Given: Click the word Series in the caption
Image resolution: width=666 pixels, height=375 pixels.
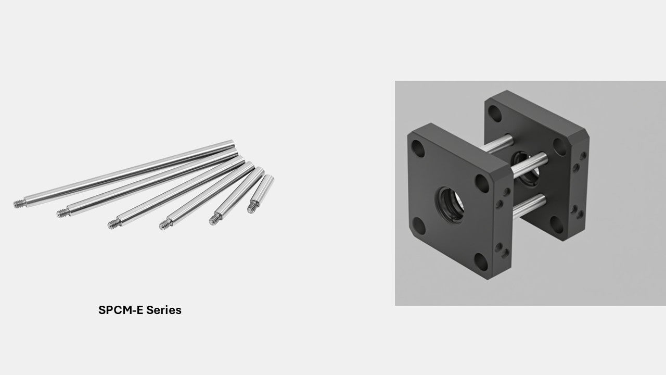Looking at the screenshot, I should (x=163, y=310).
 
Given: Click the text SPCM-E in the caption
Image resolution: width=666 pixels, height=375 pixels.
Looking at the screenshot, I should (x=121, y=310).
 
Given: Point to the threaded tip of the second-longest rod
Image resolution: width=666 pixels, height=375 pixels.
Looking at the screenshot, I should (x=62, y=213).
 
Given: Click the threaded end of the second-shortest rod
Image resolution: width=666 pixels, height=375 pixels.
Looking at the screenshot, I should (x=215, y=220).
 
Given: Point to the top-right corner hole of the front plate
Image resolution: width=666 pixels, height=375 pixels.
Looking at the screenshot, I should (x=481, y=183).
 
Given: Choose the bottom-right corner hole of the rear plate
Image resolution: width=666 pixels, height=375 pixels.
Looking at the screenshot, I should (x=557, y=225).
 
